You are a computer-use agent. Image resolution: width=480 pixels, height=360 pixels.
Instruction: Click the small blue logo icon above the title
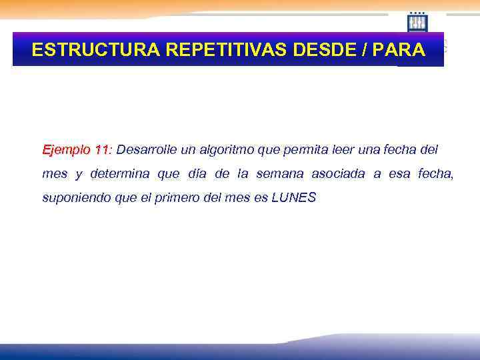tap(417, 23)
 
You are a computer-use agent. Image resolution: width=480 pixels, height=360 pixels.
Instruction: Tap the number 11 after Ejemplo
tap(103, 149)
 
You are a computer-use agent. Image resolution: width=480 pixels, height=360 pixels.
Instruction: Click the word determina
tap(121, 174)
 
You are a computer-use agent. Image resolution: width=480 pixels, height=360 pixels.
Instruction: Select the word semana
tap(279, 174)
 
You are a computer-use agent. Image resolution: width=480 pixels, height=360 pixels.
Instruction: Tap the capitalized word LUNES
tap(294, 198)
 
